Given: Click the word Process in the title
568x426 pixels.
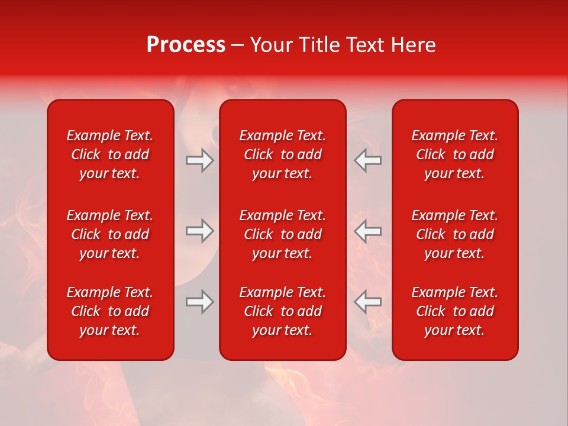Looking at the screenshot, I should coord(186,46).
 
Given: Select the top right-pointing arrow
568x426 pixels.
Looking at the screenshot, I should coord(199,160).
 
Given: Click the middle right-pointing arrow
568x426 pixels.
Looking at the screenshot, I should coord(199,231).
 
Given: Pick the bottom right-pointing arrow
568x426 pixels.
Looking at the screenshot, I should coord(199,302).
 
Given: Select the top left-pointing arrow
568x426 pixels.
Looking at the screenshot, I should coord(367,160).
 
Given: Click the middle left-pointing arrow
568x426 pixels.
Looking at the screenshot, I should coord(367,231).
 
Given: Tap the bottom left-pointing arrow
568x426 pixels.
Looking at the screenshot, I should coord(367,302).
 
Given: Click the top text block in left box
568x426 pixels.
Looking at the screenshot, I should coord(110,154).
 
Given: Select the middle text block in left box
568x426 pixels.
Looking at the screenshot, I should coord(110,234).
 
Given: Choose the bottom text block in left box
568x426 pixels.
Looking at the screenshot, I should coord(110,311).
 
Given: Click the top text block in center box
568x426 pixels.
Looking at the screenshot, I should coord(282,154).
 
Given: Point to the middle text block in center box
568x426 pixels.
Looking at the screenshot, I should coord(282,234).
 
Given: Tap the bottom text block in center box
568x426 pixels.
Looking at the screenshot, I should coord(282,311).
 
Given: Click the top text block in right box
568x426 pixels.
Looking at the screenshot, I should coord(454,154).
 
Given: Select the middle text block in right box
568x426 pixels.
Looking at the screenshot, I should coord(454,234).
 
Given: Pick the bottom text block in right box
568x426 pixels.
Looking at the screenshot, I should coord(454,311).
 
